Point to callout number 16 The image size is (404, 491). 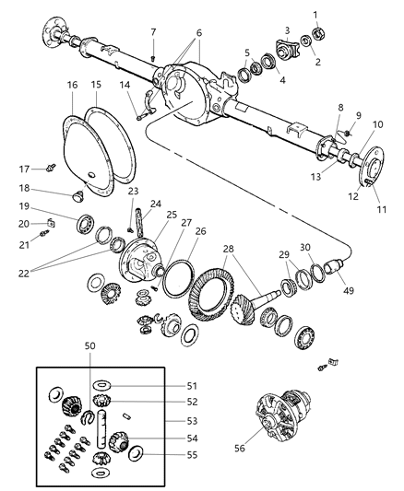73,86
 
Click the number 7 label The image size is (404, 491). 153,33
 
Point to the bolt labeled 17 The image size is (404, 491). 53,168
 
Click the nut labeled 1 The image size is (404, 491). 319,32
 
